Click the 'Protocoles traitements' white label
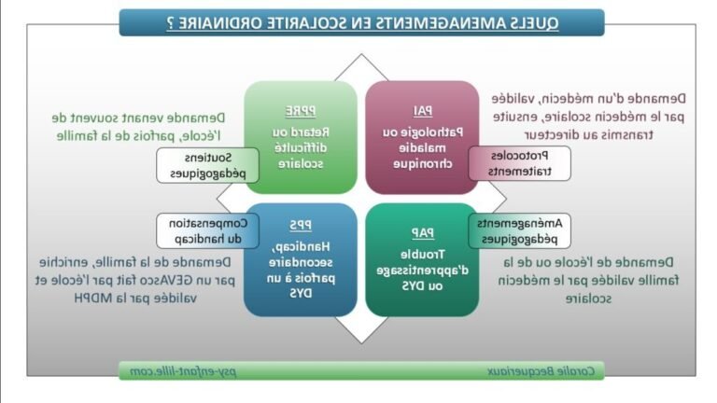[x=519, y=163]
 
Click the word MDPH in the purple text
[x=91, y=299]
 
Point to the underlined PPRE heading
[x=301, y=109]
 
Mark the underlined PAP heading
[x=422, y=232]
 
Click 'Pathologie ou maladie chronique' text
[x=421, y=147]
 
